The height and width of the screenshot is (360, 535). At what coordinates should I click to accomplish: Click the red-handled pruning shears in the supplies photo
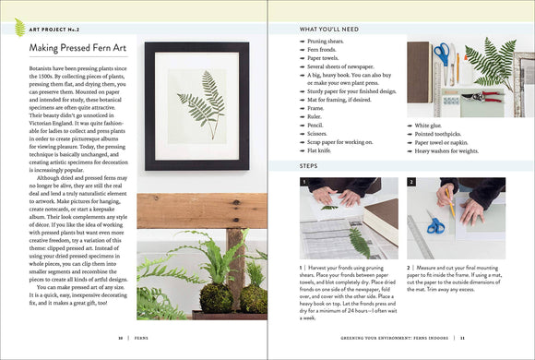coord(477,95)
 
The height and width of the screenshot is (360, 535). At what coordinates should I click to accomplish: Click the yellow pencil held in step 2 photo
coord(447,199)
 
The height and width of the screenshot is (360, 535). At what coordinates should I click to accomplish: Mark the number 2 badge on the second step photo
coord(411,183)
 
